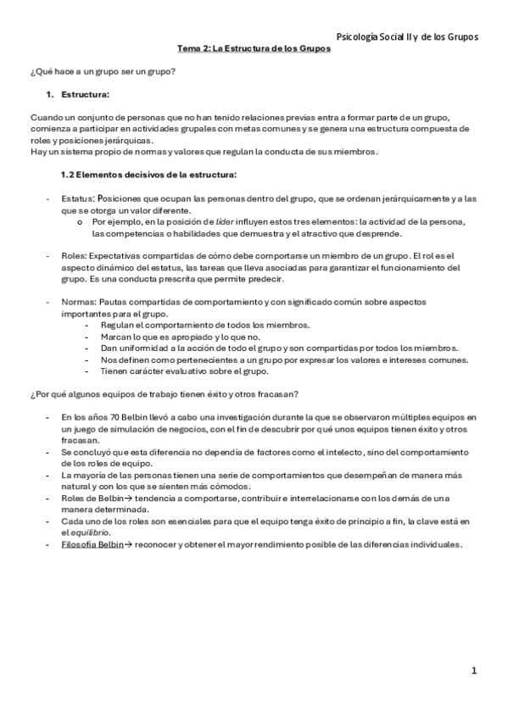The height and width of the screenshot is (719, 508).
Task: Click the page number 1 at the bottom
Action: click(x=475, y=671)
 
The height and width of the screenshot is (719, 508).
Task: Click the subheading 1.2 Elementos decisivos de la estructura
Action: click(x=148, y=175)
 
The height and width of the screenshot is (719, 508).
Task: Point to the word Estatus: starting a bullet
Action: click(x=79, y=198)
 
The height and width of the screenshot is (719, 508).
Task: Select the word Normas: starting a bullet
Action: click(x=79, y=302)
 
